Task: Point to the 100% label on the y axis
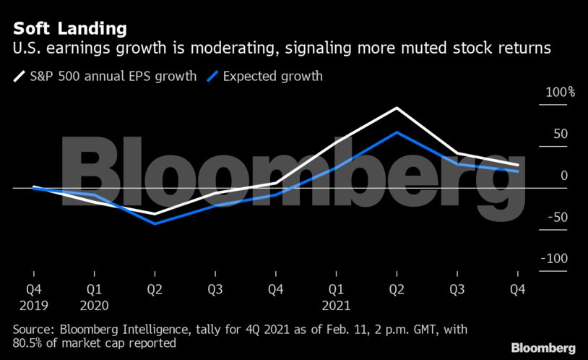[560, 93]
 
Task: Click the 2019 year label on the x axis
[34, 304]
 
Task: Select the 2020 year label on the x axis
[95, 304]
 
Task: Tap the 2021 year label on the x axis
[337, 304]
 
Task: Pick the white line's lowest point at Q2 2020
[155, 214]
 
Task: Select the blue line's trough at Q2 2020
[155, 223]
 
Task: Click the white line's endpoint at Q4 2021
[518, 166]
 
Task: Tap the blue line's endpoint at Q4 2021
[518, 171]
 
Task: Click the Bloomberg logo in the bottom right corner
[542, 348]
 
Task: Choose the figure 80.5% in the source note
[27, 343]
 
